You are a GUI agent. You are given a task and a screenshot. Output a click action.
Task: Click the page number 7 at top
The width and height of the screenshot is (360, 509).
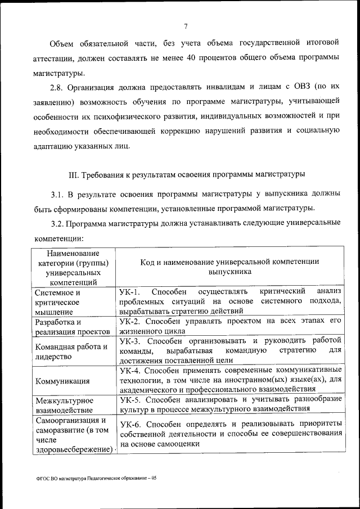point(185,24)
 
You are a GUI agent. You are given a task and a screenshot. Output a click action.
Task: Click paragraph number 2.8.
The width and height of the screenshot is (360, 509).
point(57,87)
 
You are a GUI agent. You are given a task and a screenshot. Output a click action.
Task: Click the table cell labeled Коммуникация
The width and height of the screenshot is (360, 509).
point(62,381)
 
